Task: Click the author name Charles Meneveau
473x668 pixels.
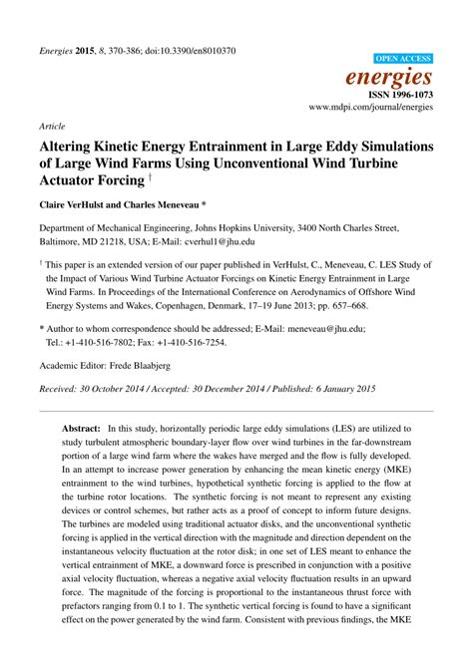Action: [187, 205]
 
